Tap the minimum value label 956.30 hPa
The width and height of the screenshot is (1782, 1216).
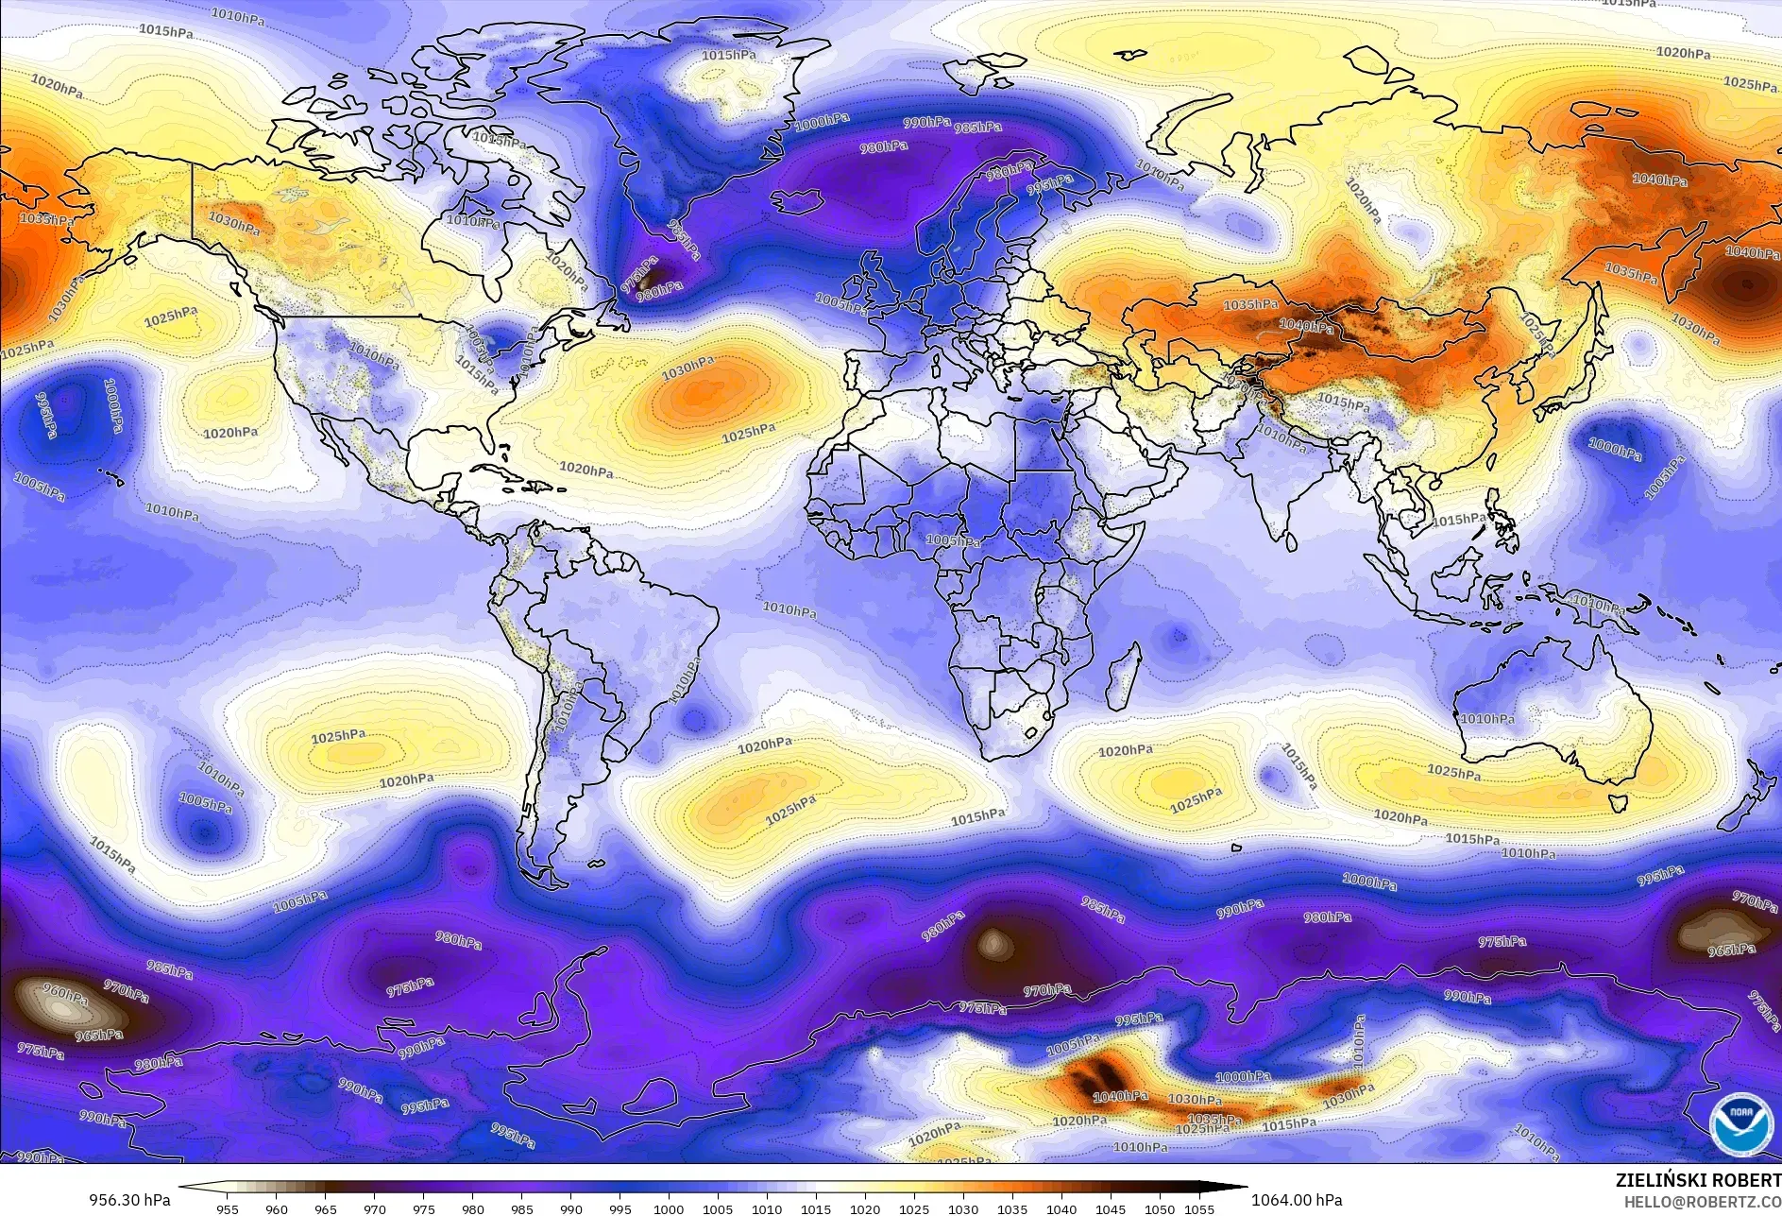[129, 1200]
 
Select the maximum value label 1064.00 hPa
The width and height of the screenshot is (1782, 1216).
[1297, 1200]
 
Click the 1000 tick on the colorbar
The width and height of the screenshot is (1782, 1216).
[669, 1208]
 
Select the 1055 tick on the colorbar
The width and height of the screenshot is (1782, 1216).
[1198, 1208]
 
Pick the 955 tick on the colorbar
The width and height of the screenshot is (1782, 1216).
[228, 1208]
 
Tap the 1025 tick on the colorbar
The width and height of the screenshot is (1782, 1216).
[914, 1208]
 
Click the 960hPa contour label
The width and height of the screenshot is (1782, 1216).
[65, 993]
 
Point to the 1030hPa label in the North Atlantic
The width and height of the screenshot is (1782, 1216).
[687, 369]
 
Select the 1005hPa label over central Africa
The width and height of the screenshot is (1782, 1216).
[952, 541]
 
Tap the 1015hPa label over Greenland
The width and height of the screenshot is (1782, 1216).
[728, 56]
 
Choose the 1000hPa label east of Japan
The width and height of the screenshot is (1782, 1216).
[1614, 448]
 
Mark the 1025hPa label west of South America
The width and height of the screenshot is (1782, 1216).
[338, 736]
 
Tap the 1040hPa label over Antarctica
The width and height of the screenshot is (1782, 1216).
[1120, 1096]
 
